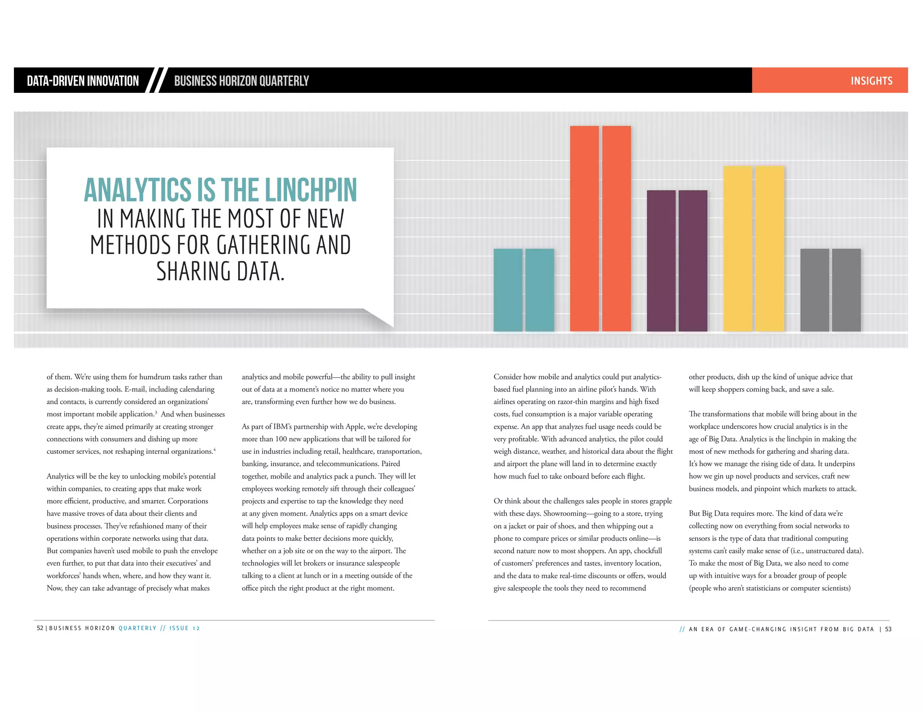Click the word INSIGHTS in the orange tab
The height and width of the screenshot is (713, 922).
(871, 81)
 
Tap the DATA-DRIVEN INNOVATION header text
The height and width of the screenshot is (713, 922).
(83, 81)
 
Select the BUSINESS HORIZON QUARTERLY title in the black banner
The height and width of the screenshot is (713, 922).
(241, 81)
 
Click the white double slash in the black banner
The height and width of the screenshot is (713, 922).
(158, 80)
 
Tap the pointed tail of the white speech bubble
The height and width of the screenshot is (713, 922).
(383, 319)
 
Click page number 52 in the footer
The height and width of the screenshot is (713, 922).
(40, 628)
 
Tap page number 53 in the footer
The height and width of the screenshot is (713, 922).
(888, 629)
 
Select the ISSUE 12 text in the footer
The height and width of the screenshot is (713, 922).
(185, 628)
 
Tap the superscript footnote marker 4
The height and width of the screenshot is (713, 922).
(215, 449)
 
